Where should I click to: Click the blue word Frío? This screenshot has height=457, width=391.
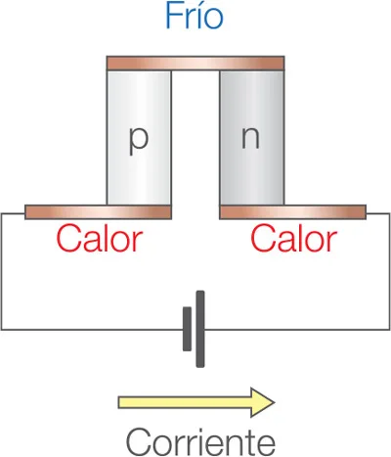pos(195,16)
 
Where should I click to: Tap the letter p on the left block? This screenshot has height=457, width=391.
pos(139,141)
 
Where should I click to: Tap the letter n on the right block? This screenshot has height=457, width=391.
pos(250,137)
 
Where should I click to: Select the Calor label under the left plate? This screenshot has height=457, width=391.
pos(100,239)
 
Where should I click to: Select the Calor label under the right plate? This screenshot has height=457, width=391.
pos(294,239)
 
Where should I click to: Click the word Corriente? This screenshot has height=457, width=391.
pos(200,442)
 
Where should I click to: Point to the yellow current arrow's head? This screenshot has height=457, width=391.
pos(263,402)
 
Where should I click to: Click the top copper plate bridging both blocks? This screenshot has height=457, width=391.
pos(195,64)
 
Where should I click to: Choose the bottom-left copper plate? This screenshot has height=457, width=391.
pos(98,212)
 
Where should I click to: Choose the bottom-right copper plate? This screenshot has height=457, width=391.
pos(293,212)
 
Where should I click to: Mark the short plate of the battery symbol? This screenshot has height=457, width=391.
pos(187,329)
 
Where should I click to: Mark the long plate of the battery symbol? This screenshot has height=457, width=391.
pos(200,329)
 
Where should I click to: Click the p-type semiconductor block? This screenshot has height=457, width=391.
pos(139,138)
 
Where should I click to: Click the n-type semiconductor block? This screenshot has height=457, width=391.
pos(252,138)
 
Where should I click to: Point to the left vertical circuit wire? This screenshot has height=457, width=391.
pos(1,271)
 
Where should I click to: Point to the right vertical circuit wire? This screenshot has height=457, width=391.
pos(389,271)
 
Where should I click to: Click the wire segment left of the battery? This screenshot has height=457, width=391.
pos(92,330)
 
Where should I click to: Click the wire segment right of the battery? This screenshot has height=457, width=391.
pos(297,330)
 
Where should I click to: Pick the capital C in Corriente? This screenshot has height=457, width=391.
pos(138,442)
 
